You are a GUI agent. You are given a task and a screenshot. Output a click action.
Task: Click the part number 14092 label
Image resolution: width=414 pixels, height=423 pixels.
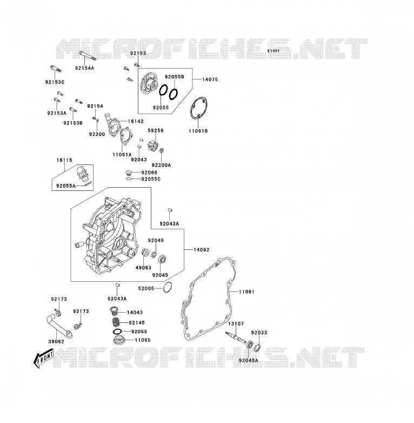202,250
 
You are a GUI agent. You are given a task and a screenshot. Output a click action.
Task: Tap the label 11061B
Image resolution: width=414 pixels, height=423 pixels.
198,131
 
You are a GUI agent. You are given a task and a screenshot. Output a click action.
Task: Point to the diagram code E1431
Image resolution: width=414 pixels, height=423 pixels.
273,51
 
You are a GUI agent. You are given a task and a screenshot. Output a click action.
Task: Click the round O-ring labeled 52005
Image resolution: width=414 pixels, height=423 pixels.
168,287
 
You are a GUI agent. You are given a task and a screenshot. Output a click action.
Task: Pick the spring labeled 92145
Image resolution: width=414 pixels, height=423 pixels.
116,322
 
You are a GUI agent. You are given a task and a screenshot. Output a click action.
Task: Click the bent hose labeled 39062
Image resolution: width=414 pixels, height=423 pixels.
59,326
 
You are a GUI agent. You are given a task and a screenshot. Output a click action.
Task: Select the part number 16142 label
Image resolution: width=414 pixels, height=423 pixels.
136,121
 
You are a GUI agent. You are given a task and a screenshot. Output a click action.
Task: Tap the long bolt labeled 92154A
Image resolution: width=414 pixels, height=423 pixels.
88,55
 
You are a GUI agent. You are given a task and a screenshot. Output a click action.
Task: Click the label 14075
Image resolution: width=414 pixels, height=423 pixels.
210,80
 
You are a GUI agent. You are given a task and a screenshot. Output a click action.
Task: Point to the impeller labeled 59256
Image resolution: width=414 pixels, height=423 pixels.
153,145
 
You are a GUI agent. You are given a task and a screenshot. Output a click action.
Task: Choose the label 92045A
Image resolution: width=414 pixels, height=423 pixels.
248,360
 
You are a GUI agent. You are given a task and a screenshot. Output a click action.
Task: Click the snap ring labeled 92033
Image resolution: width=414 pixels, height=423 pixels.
257,348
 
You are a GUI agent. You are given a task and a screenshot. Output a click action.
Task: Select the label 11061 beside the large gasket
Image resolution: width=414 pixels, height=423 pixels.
246,292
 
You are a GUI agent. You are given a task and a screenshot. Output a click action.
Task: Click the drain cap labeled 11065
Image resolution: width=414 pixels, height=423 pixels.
118,340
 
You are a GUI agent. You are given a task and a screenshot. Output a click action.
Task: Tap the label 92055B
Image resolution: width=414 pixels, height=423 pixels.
175,77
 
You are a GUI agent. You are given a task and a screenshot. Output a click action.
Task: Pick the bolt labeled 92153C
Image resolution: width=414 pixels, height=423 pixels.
56,69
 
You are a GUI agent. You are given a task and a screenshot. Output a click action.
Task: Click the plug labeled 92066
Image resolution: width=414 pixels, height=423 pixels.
129,173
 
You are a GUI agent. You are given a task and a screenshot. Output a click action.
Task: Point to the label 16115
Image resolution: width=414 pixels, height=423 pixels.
64,160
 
